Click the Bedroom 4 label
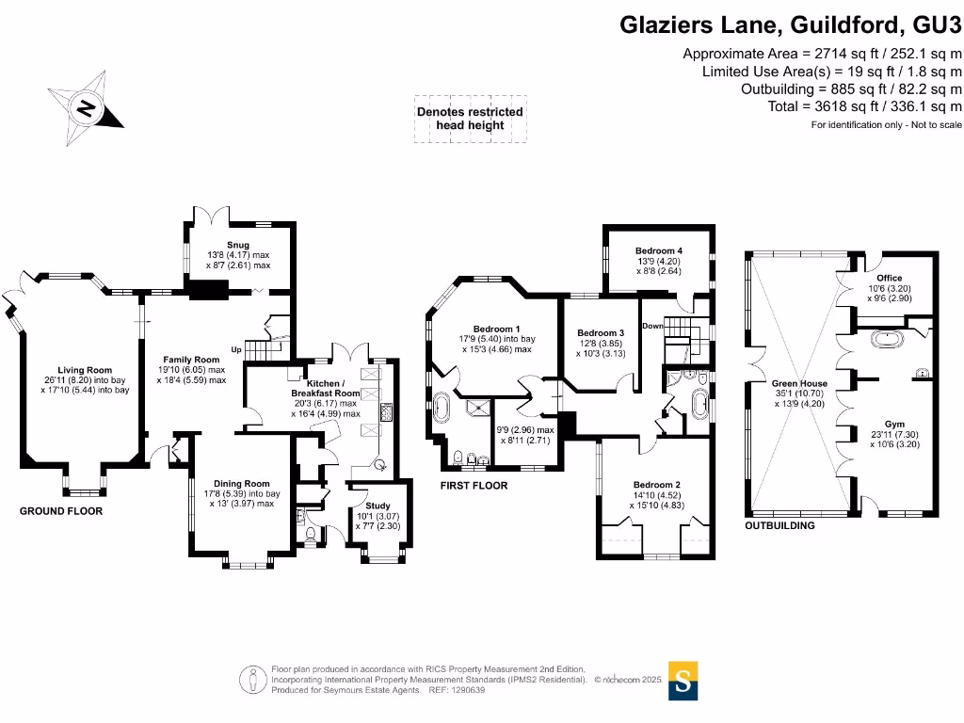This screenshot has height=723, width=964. pyautogui.click(x=658, y=250)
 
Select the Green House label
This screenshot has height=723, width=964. pyautogui.click(x=800, y=384)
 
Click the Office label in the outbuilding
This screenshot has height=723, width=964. pyautogui.click(x=889, y=278)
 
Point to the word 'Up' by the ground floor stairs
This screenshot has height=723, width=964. pyautogui.click(x=235, y=349)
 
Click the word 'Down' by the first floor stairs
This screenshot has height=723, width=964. pyautogui.click(x=653, y=326)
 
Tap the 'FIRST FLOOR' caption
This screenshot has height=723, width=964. pyautogui.click(x=474, y=486)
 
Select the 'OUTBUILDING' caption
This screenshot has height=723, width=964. pyautogui.click(x=779, y=525)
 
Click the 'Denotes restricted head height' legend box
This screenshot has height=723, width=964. pyautogui.click(x=470, y=120)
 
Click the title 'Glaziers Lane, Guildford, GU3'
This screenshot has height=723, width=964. pyautogui.click(x=791, y=24)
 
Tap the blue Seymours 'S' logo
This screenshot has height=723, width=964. pyautogui.click(x=683, y=680)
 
